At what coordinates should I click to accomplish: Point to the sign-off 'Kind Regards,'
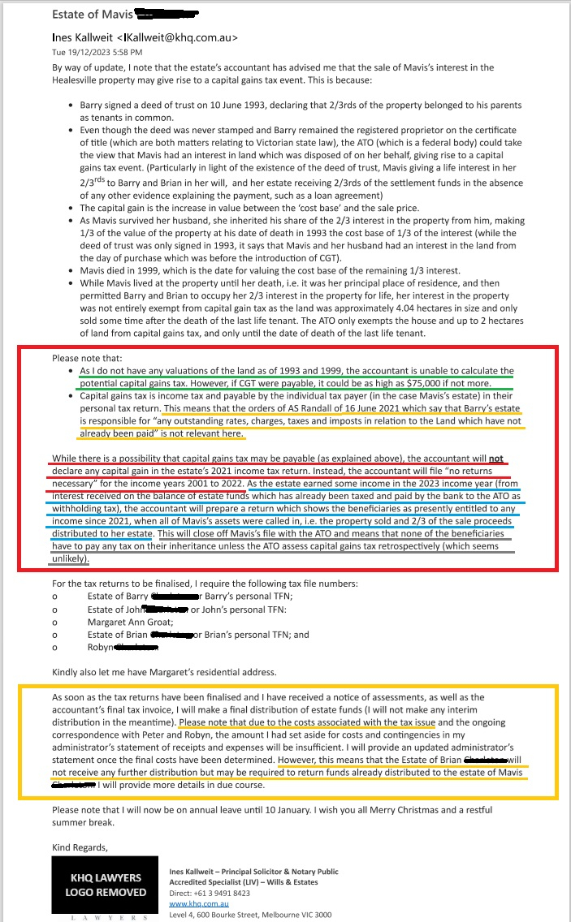[x=80, y=847]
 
